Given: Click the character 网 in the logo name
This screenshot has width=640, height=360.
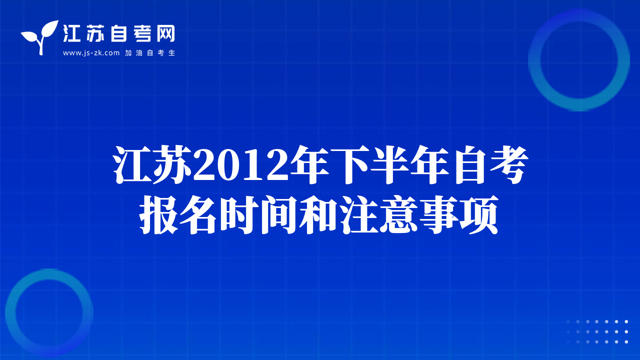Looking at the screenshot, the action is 165,33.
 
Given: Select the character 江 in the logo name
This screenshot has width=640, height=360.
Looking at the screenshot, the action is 71,33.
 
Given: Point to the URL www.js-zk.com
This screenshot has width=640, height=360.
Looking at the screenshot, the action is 91,53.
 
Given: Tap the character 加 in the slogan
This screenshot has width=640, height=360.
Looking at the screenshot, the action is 128,53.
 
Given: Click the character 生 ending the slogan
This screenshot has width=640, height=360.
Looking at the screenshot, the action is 171,53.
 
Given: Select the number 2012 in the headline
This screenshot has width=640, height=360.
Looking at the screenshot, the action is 240,165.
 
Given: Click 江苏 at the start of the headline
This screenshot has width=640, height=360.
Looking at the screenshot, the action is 152,164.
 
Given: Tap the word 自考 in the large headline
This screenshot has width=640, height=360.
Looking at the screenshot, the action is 489,164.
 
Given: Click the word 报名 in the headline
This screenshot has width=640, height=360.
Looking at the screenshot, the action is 177,215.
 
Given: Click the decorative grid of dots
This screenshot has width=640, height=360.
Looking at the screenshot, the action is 597,331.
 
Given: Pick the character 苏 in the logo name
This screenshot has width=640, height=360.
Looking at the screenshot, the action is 95,33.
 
